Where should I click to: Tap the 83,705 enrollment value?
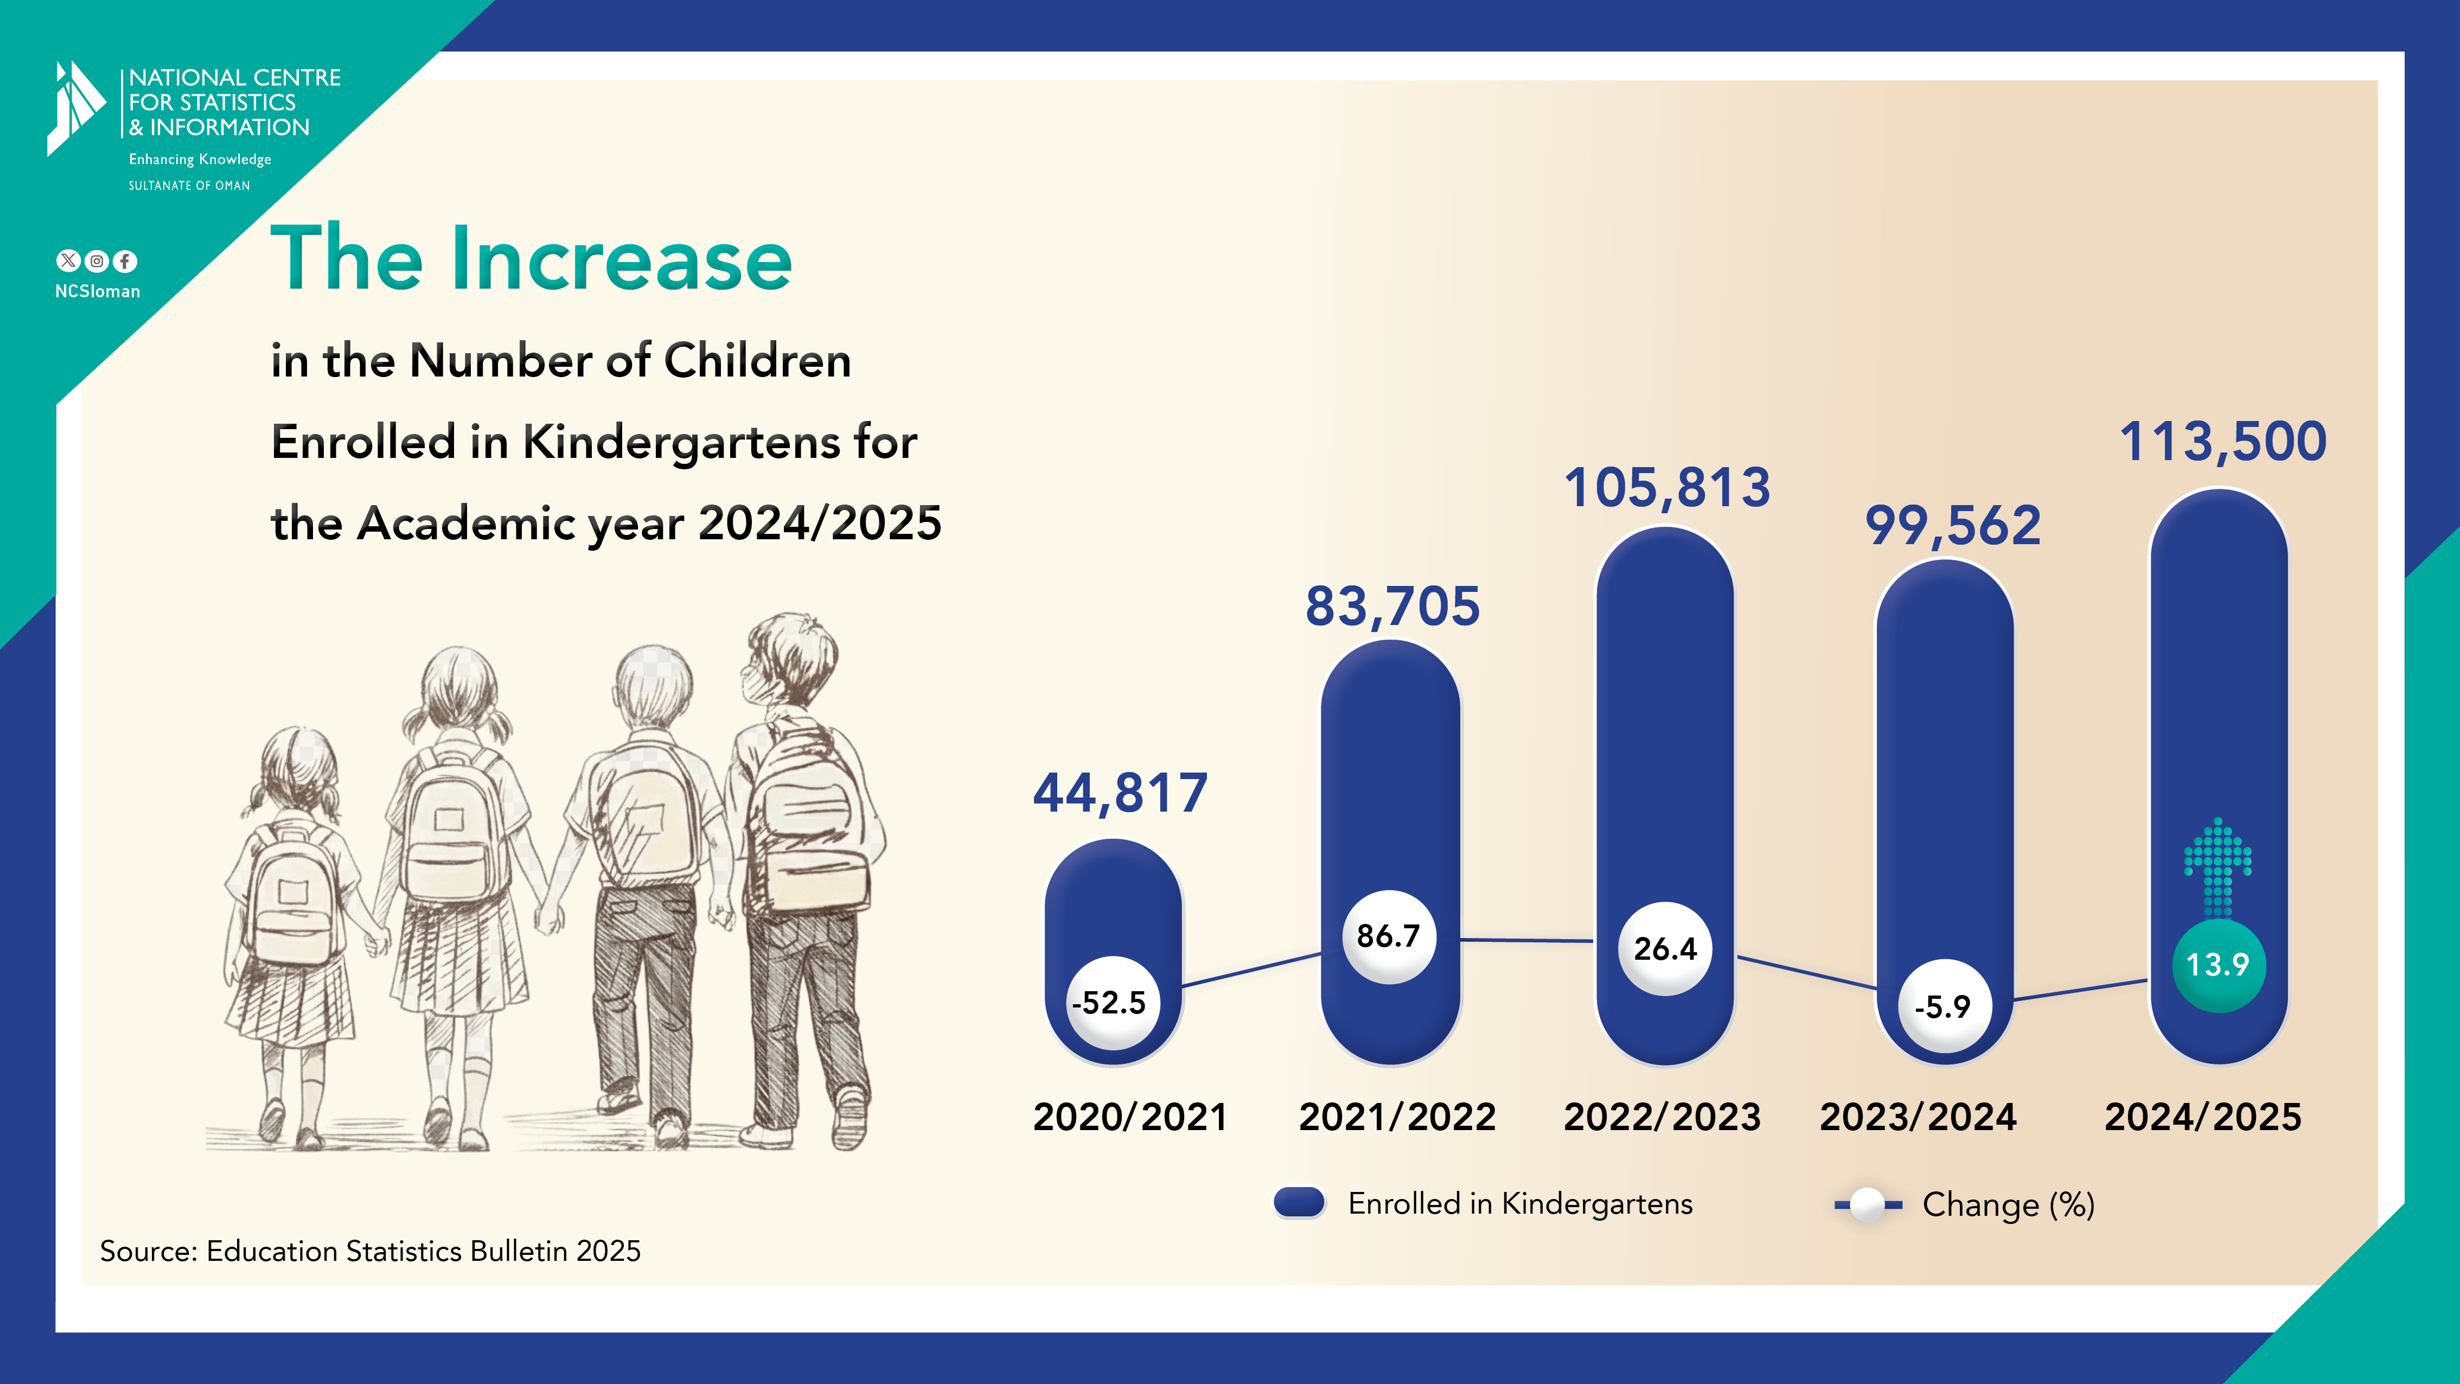coord(1392,607)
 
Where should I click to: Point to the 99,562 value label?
coord(1953,526)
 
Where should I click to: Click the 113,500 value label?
coord(2222,442)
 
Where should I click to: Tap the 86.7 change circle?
coord(1389,936)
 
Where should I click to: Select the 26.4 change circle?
coord(1665,948)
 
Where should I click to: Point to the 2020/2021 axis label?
coord(1130,1117)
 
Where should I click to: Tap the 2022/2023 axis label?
coord(1662,1117)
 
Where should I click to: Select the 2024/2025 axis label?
coord(2202,1117)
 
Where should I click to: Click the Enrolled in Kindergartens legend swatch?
coord(1299,1203)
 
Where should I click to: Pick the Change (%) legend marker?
coord(1867,1204)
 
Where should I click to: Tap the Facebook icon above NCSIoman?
coord(125,261)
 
